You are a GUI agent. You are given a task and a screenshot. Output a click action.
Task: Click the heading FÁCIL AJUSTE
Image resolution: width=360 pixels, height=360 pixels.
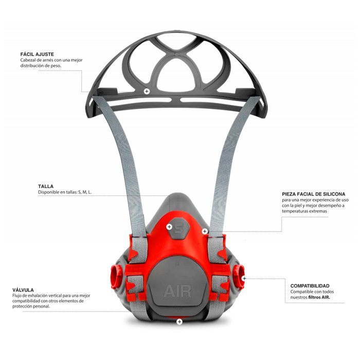[x=37, y=54]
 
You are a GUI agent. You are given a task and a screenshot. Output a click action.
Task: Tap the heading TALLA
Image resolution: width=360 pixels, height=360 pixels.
[x=46, y=186]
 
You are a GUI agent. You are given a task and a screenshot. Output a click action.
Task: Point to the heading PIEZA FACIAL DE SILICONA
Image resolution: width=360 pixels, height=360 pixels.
[x=313, y=194]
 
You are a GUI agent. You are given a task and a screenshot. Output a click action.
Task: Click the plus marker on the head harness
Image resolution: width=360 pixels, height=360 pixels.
[x=147, y=91]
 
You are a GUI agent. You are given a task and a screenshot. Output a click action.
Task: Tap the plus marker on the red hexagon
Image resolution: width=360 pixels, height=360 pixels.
[x=170, y=226]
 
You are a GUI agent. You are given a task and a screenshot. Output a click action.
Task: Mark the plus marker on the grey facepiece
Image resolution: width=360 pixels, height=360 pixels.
[x=205, y=231]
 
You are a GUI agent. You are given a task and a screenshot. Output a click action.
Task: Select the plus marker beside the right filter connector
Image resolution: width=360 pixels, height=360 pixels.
[x=245, y=278]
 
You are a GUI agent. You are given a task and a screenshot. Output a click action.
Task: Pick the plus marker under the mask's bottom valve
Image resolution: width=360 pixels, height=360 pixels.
[x=179, y=322]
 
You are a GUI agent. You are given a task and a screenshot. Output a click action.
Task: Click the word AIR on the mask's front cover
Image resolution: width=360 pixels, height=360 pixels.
[x=177, y=292]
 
